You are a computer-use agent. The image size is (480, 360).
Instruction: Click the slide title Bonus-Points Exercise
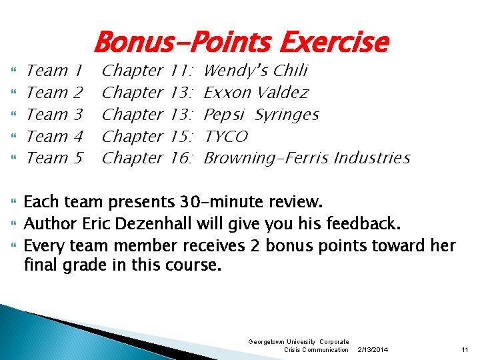click(241, 43)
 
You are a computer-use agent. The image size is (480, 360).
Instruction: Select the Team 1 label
click(54, 71)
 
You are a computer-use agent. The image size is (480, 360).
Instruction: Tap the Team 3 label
click(54, 115)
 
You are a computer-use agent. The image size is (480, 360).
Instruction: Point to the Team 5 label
click(54, 159)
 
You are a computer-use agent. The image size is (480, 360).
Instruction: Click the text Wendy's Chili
click(255, 71)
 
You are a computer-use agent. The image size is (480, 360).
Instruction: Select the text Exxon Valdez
click(256, 93)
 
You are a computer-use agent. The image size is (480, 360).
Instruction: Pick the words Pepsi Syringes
click(261, 115)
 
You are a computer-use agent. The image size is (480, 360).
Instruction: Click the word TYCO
click(225, 137)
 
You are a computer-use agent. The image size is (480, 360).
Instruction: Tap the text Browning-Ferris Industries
click(306, 159)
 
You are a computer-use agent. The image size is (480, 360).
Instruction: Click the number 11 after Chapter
click(179, 71)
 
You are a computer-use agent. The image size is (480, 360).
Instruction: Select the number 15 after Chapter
click(179, 137)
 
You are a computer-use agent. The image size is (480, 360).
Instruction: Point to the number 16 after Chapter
click(179, 159)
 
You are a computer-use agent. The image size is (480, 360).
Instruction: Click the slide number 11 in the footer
click(465, 349)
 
